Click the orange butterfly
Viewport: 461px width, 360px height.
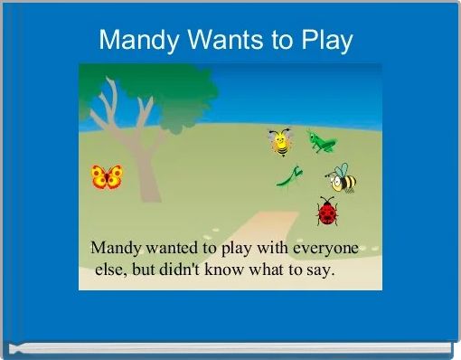pos(107,176)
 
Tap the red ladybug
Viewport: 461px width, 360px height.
pos(327,213)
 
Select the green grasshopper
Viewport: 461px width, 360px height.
pos(320,140)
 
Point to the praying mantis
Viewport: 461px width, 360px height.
pos(289,176)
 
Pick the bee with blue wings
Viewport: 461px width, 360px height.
pos(342,178)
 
